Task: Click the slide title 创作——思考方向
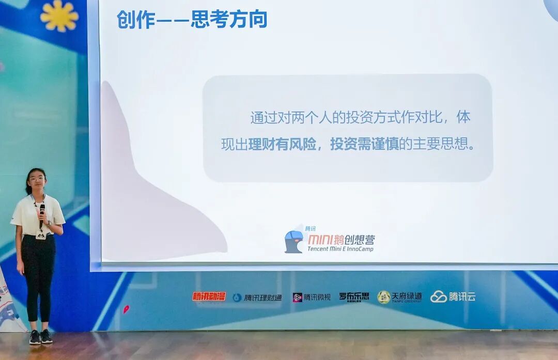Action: point(192,20)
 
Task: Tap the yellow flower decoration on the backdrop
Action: point(59,15)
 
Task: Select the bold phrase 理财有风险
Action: point(282,144)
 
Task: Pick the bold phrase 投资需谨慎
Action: point(364,144)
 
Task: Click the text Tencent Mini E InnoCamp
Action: point(340,248)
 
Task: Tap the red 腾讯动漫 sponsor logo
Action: point(209,296)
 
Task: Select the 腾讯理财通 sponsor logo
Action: point(257,298)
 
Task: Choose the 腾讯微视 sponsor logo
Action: point(312,298)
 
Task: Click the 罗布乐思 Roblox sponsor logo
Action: point(354,297)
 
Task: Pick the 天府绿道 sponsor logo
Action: point(399,297)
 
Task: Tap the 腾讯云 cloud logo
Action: point(453,296)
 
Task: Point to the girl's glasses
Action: point(37,179)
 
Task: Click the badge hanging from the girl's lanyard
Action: point(41,235)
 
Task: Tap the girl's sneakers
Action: point(41,337)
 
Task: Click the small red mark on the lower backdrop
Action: point(126,309)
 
